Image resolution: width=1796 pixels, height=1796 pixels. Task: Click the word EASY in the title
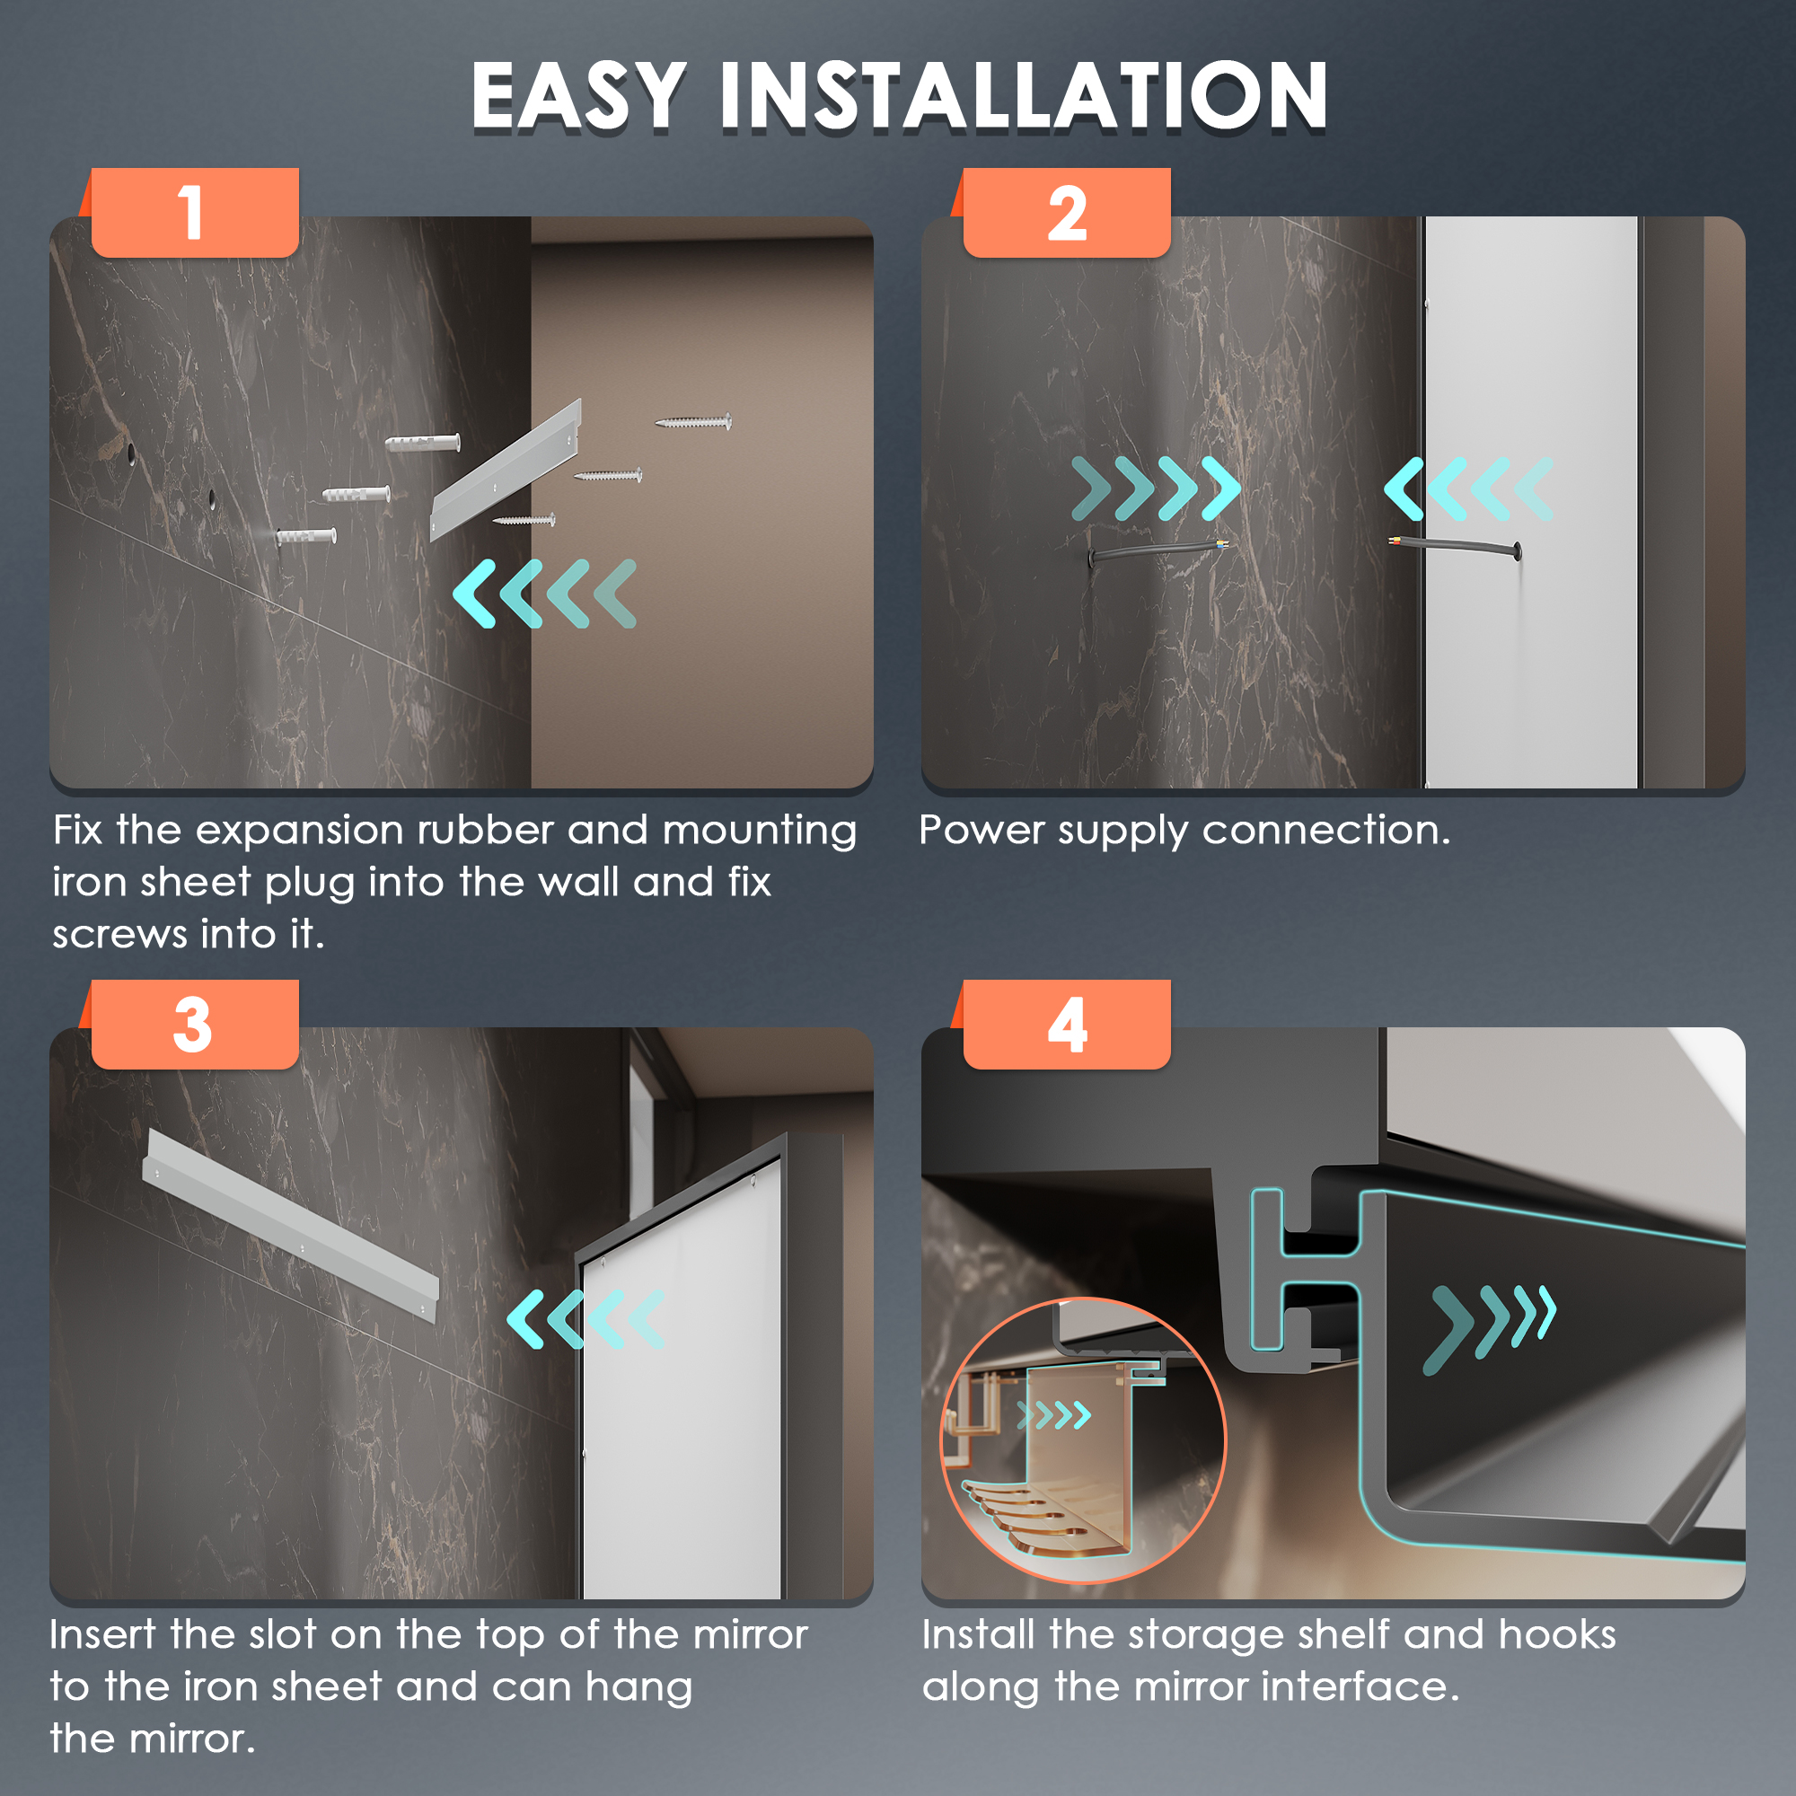[x=578, y=96]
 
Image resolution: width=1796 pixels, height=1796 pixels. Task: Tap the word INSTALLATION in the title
[x=1024, y=96]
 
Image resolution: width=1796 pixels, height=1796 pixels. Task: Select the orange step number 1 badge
[x=194, y=212]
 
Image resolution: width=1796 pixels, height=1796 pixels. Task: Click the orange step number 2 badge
[x=1066, y=212]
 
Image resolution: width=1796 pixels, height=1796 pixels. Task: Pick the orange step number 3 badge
[x=194, y=1025]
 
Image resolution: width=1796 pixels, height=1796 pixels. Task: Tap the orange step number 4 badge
[x=1066, y=1025]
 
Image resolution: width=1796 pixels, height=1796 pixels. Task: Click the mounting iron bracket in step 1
[x=506, y=471]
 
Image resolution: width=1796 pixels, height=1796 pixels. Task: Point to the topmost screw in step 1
[x=693, y=422]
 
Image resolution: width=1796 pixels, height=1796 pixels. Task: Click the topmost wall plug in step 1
[x=423, y=442]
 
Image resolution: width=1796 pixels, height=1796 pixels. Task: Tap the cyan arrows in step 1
[x=545, y=593]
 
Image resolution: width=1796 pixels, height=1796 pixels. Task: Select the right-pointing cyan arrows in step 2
[x=1156, y=488]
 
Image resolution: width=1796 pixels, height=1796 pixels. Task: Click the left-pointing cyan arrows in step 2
[x=1469, y=488]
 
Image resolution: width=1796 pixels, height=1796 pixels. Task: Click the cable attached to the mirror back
[x=1456, y=547]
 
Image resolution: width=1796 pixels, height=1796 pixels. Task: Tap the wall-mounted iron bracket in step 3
[x=290, y=1224]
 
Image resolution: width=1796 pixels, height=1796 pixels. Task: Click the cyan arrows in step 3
[x=586, y=1319]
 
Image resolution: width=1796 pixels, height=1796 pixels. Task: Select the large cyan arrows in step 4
[x=1489, y=1326]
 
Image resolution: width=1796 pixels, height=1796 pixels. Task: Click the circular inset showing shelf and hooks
[x=1084, y=1440]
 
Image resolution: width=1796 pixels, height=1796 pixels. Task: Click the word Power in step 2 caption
[x=982, y=830]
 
